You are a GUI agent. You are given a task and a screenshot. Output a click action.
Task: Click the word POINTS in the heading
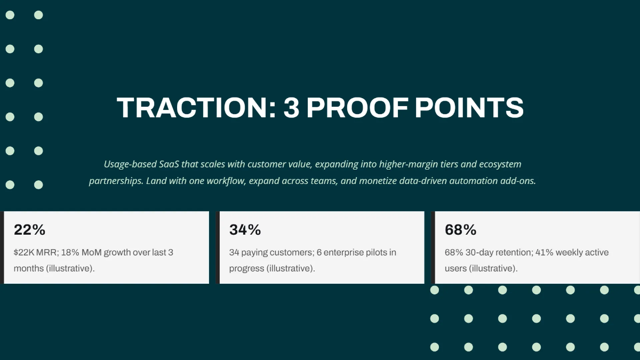[469, 108]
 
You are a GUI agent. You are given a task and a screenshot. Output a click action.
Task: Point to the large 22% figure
[30, 230]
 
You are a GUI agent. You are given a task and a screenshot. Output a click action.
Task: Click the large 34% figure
[245, 230]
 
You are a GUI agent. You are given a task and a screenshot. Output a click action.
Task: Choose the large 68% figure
[461, 230]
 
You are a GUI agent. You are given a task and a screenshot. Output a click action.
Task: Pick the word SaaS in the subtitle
[169, 164]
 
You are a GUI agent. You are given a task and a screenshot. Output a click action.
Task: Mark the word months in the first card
[29, 268]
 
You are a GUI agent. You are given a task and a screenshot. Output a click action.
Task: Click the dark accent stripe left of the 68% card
[433, 247]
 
